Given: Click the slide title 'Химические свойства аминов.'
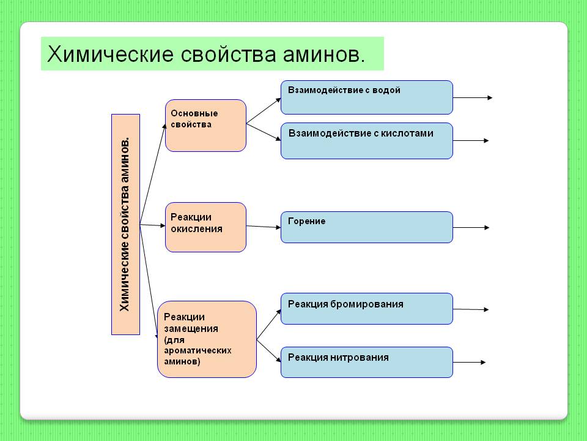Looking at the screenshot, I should (207, 54).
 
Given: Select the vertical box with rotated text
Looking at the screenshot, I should (125, 224).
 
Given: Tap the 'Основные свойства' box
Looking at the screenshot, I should (205, 126).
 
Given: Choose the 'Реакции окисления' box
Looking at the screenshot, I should (205, 227).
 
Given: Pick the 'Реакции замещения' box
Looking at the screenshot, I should (207, 339).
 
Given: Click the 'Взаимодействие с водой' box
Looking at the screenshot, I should (366, 97).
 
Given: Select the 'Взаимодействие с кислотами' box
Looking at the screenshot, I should (366, 141).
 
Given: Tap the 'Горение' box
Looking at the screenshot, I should (366, 227).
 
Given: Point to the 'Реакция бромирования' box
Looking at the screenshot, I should (366, 309).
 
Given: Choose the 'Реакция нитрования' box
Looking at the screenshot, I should (366, 362).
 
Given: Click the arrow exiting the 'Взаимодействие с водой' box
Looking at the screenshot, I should (472, 97).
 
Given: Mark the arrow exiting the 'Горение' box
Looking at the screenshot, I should (471, 228).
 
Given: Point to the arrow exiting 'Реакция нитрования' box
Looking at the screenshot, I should (469, 362).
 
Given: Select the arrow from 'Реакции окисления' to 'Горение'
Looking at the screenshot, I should (263, 227).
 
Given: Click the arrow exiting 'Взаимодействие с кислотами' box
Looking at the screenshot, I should (471, 141).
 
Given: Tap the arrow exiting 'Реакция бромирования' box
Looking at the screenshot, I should (471, 309).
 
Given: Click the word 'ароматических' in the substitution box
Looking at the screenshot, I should (198, 350).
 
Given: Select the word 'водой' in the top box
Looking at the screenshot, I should (387, 90).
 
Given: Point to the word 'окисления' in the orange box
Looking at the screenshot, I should (196, 229).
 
